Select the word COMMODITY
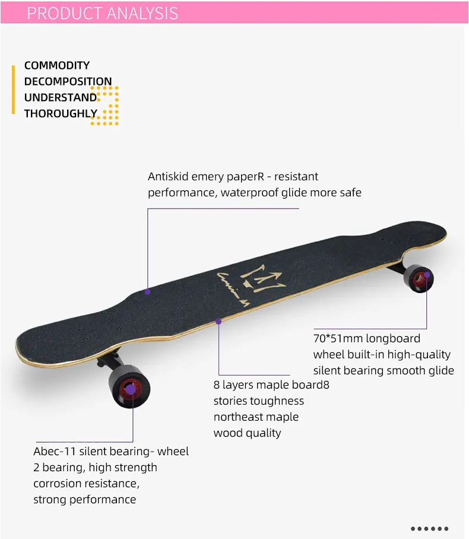point(57,65)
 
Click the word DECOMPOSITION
point(68,81)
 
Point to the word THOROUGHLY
point(61,114)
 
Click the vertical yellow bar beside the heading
point(13,89)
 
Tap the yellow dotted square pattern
point(105,105)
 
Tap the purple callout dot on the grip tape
point(148,292)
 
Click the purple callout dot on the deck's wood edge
point(218,321)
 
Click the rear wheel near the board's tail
point(418,278)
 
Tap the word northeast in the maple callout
point(240,417)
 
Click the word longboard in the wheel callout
point(393,339)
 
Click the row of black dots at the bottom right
point(429,528)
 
